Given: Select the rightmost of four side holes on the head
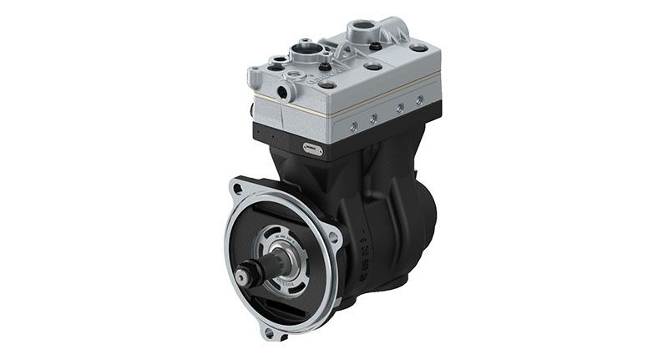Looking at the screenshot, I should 419,99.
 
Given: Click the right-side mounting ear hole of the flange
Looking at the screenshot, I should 335,238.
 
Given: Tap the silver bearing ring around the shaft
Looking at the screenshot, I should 276,266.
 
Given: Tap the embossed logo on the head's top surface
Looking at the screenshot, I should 327,80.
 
